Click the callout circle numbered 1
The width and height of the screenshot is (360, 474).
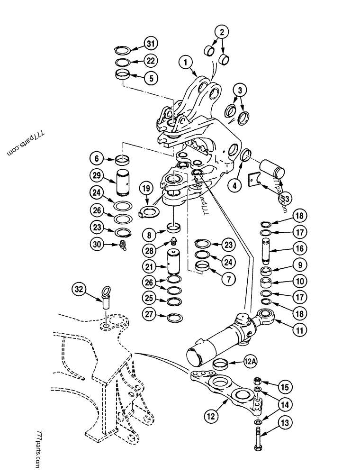pos(186,61)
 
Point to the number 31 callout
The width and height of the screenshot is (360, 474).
pos(150,45)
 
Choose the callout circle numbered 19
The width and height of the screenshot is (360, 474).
pos(146,189)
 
